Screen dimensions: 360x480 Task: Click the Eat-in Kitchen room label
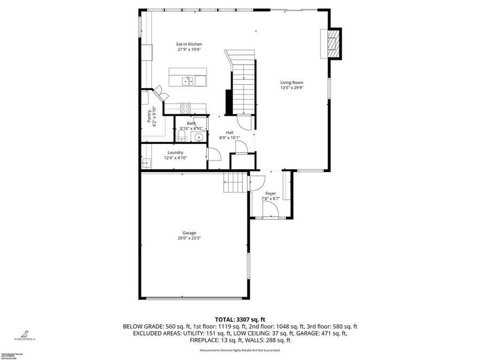pyautogui.click(x=189, y=44)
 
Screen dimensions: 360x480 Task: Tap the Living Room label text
pyautogui.click(x=292, y=83)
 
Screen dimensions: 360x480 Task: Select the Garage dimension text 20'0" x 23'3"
pyautogui.click(x=189, y=238)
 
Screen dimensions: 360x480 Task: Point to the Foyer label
pyautogui.click(x=270, y=194)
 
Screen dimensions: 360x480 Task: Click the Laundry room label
pyautogui.click(x=175, y=153)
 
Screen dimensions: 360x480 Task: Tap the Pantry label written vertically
pyautogui.click(x=149, y=117)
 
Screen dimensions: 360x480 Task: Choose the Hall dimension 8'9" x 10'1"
pyautogui.click(x=229, y=138)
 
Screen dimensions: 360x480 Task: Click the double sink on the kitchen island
pyautogui.click(x=187, y=81)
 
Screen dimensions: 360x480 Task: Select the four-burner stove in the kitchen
pyautogui.click(x=185, y=107)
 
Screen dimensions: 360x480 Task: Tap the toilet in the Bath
pyautogui.click(x=181, y=137)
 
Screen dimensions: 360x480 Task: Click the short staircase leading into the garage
pyautogui.click(x=235, y=185)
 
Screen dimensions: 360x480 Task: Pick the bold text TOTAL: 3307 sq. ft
pyautogui.click(x=240, y=318)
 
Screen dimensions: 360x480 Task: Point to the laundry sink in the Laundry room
pyautogui.click(x=145, y=162)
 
